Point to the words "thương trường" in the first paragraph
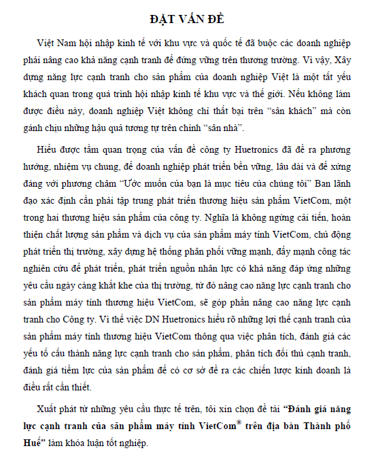[304, 58]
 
